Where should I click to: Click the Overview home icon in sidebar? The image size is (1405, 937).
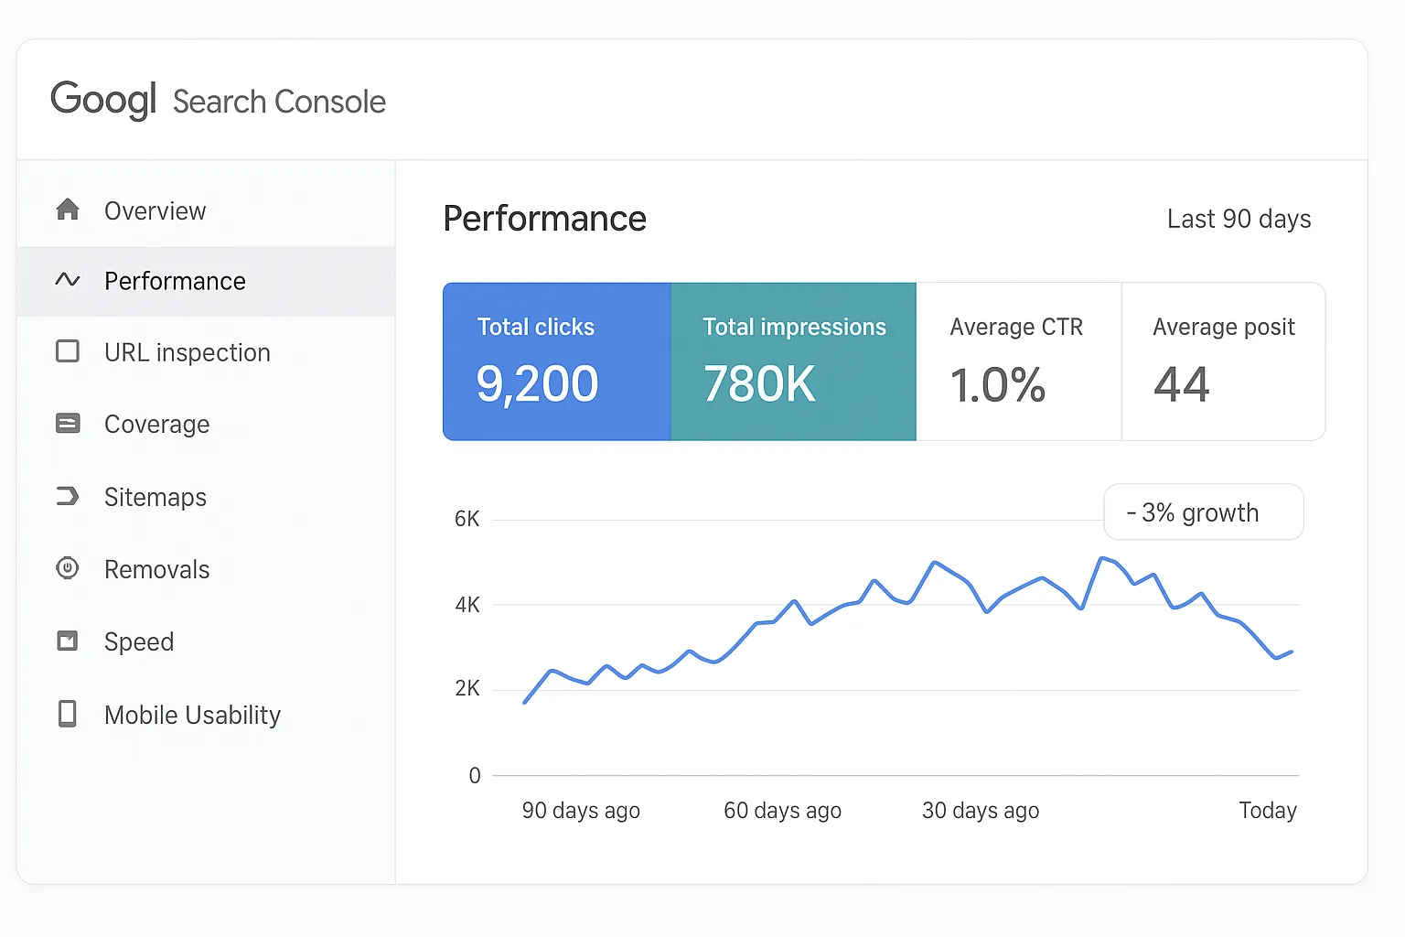[68, 210]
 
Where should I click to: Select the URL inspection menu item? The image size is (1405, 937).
[187, 352]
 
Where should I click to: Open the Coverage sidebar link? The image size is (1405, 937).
[156, 425]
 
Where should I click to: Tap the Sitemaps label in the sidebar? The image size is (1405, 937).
[156, 497]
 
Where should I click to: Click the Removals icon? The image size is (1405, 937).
[68, 568]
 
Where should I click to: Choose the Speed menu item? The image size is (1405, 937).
[138, 641]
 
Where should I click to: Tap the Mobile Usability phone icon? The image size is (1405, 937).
[68, 714]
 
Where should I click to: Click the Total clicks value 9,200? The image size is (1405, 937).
[537, 384]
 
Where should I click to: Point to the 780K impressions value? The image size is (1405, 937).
[759, 384]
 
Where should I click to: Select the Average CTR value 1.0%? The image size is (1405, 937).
[997, 384]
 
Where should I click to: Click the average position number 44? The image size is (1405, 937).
[1181, 384]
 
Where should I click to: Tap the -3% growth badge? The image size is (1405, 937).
[1202, 512]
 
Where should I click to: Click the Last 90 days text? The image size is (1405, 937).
[1239, 220]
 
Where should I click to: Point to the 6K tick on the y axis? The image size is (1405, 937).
[467, 520]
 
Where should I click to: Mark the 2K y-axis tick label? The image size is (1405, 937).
[467, 689]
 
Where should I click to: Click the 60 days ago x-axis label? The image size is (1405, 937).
[782, 811]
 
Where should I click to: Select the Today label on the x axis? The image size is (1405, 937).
[1267, 811]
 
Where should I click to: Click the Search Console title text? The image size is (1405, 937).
[279, 102]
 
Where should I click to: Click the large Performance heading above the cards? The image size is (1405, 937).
[544, 220]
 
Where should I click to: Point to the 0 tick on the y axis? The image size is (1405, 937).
[474, 776]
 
